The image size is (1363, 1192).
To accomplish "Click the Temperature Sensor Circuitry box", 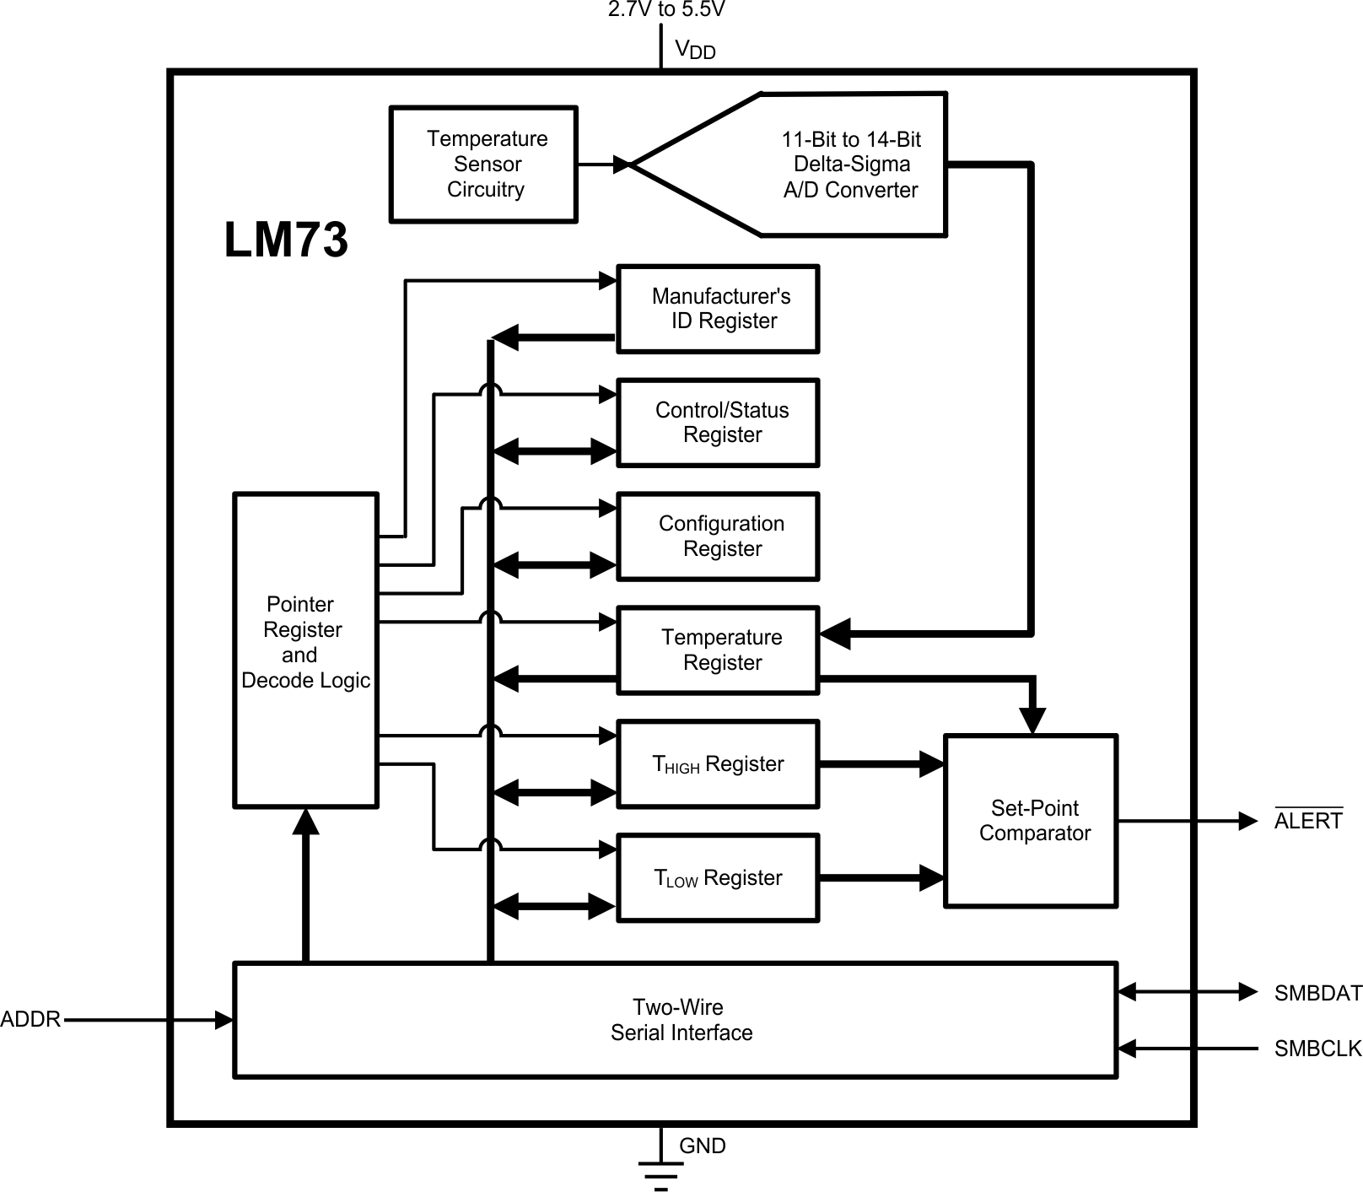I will click(x=483, y=165).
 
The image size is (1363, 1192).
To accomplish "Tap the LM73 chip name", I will click(x=286, y=240).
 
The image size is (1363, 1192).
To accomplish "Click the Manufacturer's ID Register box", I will click(x=718, y=309).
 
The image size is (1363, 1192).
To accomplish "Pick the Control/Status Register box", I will click(x=718, y=423).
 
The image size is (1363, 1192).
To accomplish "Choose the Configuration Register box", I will click(x=718, y=537).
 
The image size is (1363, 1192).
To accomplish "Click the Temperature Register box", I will click(x=718, y=650).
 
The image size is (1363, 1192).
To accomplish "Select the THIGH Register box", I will click(x=718, y=763).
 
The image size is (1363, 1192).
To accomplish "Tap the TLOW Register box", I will click(x=718, y=877).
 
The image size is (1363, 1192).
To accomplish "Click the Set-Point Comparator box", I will click(x=1031, y=821).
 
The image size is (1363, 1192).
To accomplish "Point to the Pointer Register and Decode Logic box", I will click(x=305, y=650).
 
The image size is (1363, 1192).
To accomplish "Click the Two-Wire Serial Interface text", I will click(x=680, y=1020).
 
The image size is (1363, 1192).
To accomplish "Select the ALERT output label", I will click(x=1307, y=821).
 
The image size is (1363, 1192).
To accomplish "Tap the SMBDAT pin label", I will click(x=1317, y=993).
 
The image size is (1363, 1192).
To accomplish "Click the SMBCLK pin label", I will click(x=1317, y=1049).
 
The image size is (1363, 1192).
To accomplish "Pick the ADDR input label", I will click(x=30, y=1020).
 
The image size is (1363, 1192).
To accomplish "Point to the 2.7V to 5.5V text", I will click(x=666, y=10).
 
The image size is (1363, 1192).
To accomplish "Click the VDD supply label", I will click(x=695, y=50).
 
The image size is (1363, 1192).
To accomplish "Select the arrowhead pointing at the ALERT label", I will click(x=1247, y=821).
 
